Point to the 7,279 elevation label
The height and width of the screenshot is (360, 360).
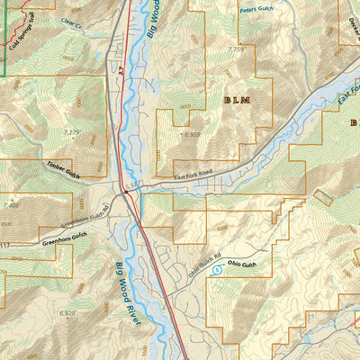71,133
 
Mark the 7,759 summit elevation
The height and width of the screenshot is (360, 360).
236,49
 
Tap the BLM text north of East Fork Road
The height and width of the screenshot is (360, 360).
236,101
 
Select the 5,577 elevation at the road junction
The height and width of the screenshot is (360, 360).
134,184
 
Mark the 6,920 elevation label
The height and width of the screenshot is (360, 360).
67,312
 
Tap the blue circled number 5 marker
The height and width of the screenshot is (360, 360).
216,268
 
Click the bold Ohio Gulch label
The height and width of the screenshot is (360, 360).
243,265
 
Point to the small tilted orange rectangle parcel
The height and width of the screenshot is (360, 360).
321,196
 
